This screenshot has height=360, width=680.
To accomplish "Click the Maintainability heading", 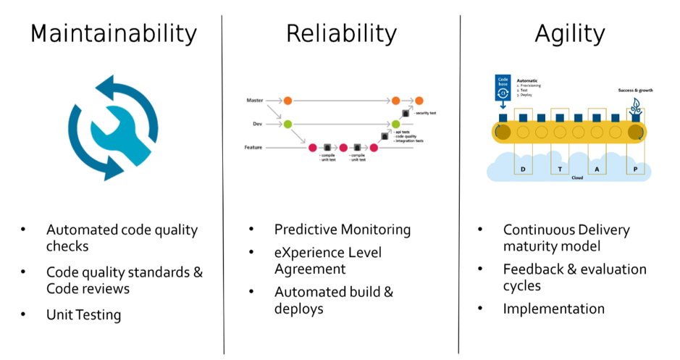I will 114,34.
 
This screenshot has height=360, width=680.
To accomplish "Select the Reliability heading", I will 341,34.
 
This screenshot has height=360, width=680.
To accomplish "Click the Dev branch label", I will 256,124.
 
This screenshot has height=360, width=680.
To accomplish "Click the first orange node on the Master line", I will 287,100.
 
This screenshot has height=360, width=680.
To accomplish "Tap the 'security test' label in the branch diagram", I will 426,113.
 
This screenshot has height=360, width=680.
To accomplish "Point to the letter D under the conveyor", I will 522,169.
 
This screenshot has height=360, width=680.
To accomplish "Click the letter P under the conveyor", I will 636,169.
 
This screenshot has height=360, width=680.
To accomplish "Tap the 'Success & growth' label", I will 635,91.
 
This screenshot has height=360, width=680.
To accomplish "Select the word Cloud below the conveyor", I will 577,177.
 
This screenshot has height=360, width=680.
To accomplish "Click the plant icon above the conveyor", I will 636,104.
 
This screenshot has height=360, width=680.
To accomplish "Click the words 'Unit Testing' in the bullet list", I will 83,314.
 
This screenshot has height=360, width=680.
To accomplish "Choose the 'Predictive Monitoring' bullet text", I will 343,230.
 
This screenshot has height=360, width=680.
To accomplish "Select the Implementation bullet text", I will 554,309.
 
